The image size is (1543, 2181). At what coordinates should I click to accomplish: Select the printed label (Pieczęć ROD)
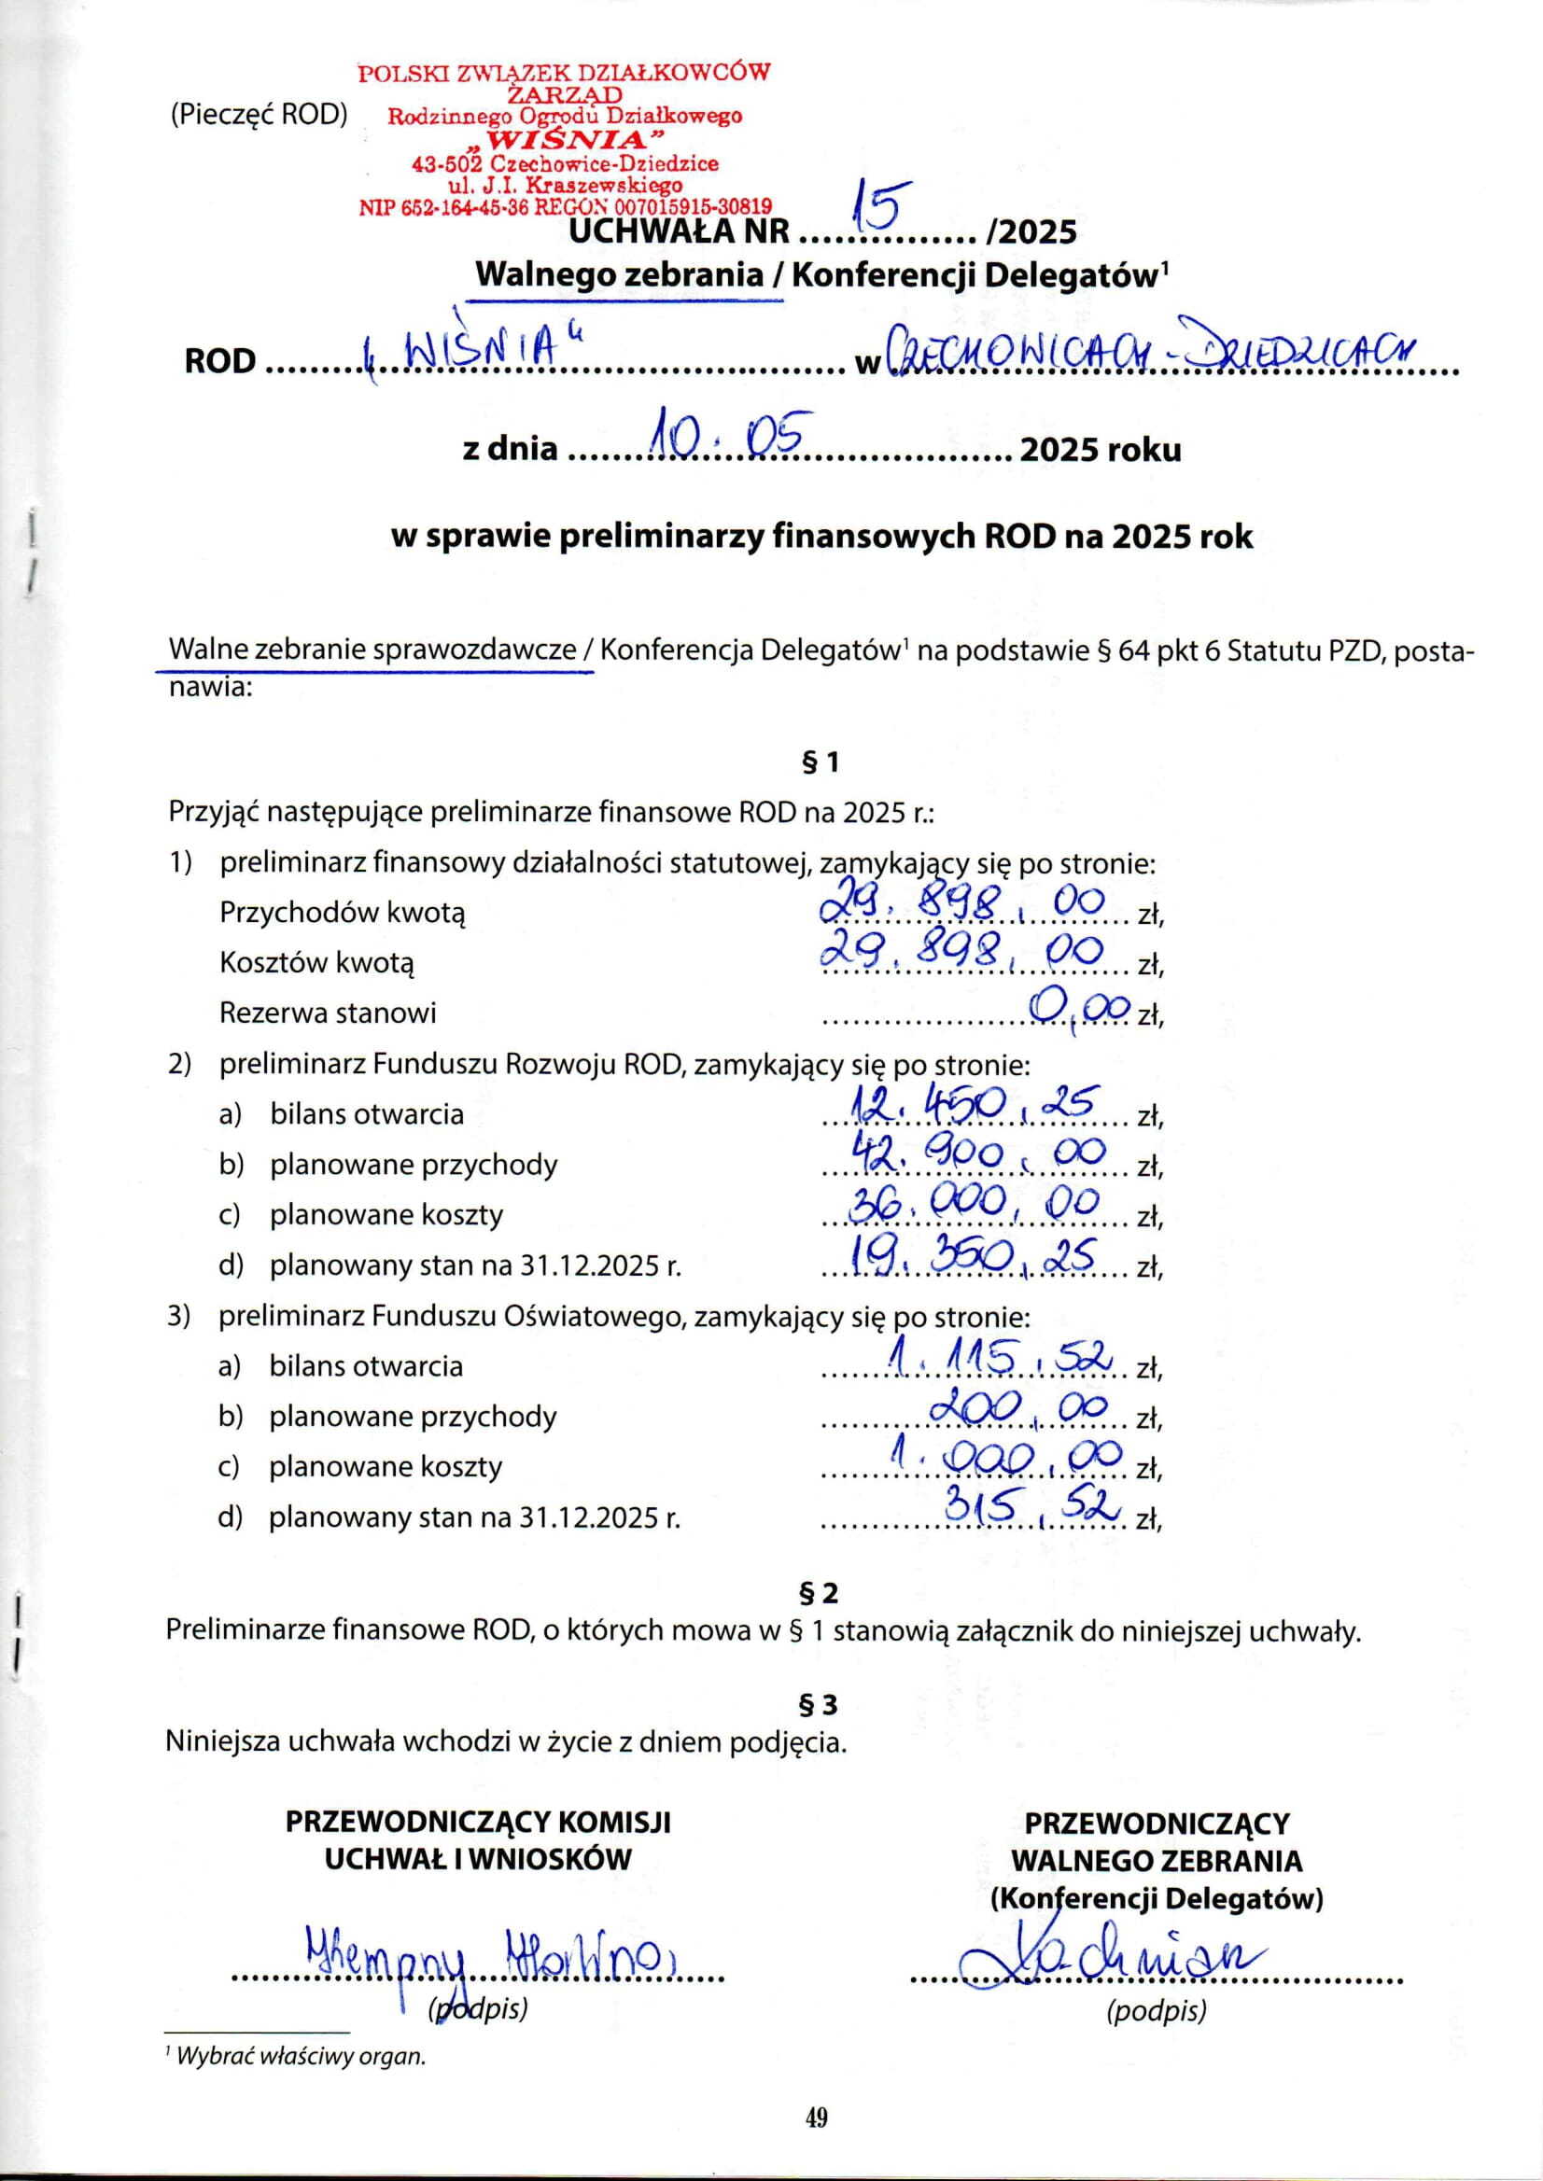point(259,115)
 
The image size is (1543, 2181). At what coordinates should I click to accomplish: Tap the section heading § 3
point(817,1707)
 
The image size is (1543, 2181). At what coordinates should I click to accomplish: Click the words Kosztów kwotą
point(316,962)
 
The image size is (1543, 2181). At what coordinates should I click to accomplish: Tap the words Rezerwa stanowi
point(328,1013)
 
